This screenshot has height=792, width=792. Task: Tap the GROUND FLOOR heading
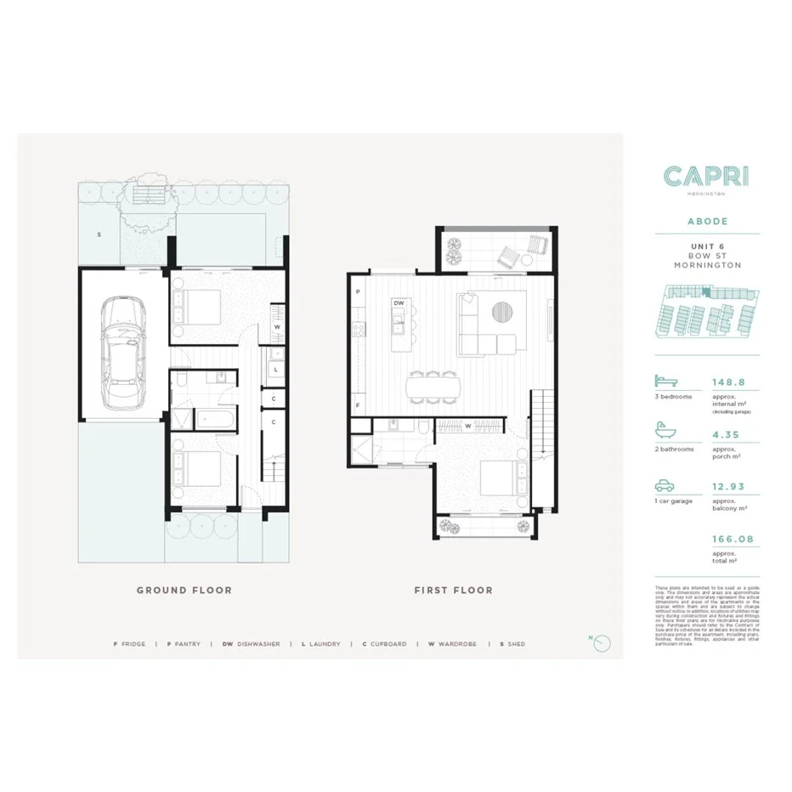(184, 590)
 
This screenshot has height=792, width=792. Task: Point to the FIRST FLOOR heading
(453, 590)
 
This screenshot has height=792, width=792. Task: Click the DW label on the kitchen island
(398, 303)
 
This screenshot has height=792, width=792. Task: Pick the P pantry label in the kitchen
(359, 291)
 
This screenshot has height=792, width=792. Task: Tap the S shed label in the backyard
(99, 234)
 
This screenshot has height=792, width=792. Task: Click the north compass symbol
(602, 643)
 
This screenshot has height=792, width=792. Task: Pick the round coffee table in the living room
(503, 311)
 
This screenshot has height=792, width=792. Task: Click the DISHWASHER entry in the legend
(252, 644)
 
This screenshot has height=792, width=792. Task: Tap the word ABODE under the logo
(707, 221)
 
